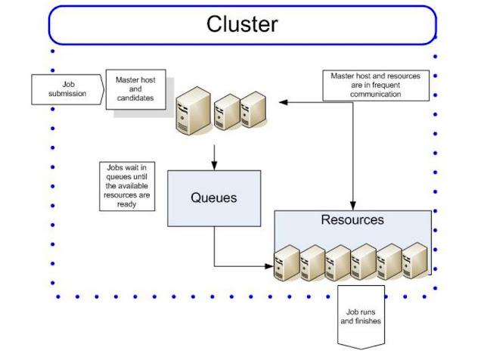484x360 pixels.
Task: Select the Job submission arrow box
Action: click(67, 89)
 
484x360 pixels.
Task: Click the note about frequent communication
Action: click(376, 85)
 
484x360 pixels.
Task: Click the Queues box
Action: click(213, 198)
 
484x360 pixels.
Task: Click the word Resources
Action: click(352, 220)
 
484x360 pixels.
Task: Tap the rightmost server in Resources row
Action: click(415, 261)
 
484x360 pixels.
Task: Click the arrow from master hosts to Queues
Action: click(215, 155)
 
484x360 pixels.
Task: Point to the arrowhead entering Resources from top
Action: click(353, 205)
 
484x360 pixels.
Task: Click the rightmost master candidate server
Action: click(253, 108)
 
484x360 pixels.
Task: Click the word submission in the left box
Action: click(67, 94)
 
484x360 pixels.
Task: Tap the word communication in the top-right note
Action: click(376, 95)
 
